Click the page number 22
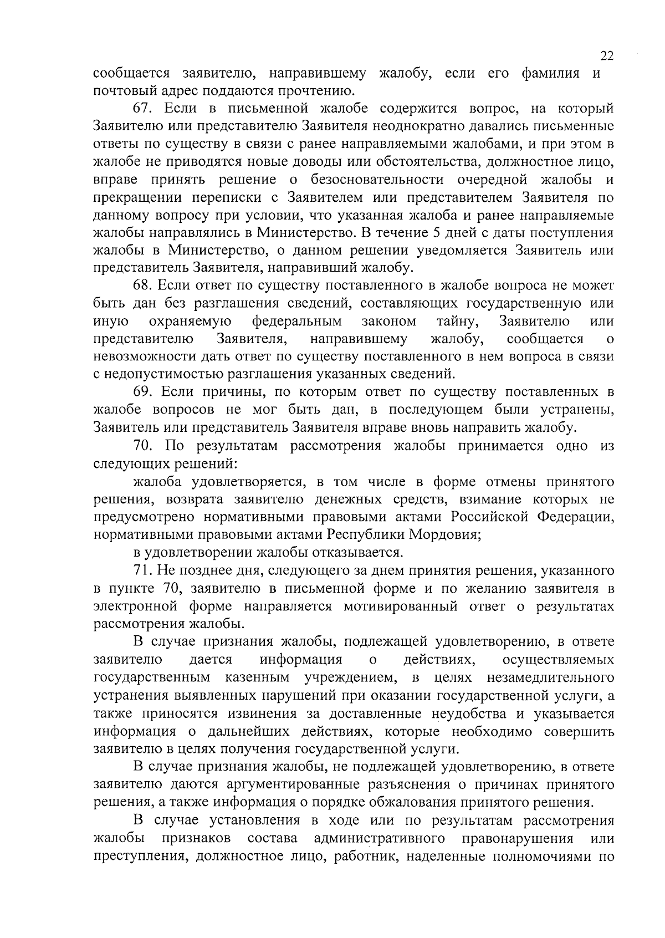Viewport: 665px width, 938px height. coord(607,56)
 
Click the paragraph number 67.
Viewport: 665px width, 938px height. coord(142,109)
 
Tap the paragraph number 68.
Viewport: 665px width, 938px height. coord(142,286)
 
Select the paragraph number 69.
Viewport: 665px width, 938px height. coord(142,392)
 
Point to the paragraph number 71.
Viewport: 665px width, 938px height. coord(142,570)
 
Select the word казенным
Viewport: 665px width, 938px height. coord(258,677)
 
